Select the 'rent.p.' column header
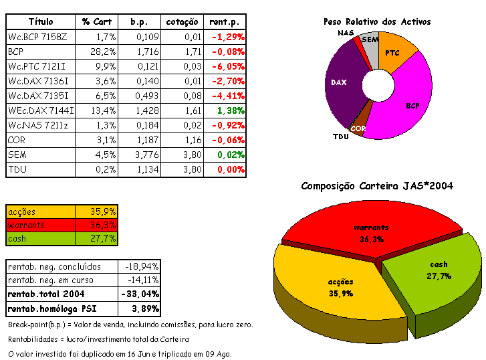pos(227,21)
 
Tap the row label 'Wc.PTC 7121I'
pos(32,66)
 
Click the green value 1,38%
pos(231,110)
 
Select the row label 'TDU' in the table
pos(17,169)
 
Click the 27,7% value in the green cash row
pos(104,238)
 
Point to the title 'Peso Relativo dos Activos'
pos(377,21)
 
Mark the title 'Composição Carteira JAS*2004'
pos(377,185)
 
